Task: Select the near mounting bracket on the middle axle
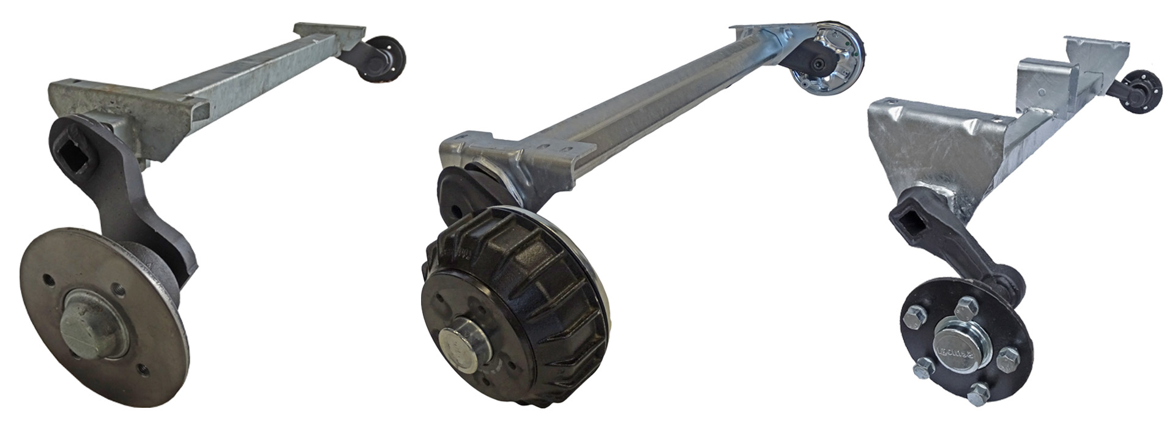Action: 520,162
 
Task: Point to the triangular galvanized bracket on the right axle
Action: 918,147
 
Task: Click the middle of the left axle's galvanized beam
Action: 245,86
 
